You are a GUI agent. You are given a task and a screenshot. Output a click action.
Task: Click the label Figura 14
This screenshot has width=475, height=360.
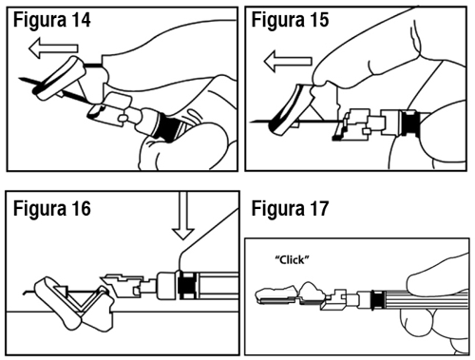(52, 20)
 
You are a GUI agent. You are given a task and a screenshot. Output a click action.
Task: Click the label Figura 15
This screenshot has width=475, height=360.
(290, 20)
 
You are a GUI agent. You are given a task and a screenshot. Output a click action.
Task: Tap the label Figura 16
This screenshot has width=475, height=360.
(52, 209)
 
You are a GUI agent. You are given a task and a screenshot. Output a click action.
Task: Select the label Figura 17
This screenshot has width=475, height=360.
(290, 209)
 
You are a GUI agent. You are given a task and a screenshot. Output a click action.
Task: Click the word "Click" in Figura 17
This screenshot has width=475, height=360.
(292, 260)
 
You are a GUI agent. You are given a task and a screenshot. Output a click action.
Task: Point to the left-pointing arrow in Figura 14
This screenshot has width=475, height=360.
(53, 47)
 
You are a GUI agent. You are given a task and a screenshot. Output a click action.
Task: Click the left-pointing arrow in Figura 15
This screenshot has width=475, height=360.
(288, 61)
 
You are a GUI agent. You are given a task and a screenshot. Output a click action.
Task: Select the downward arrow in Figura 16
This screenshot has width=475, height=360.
(183, 216)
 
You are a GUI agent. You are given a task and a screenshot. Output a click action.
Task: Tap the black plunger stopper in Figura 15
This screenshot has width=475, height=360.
(410, 123)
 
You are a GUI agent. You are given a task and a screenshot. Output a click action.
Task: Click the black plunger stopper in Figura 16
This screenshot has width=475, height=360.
(187, 285)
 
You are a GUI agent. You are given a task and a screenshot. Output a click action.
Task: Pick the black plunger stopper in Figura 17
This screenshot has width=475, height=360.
(377, 299)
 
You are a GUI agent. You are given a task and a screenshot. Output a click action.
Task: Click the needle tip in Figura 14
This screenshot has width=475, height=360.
(20, 78)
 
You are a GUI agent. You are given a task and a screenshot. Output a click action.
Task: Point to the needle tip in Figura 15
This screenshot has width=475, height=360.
(252, 122)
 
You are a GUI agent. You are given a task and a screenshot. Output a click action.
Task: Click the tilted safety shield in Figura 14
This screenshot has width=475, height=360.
(60, 78)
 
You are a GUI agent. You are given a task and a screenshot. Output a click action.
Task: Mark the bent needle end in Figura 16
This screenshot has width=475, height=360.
(24, 293)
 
